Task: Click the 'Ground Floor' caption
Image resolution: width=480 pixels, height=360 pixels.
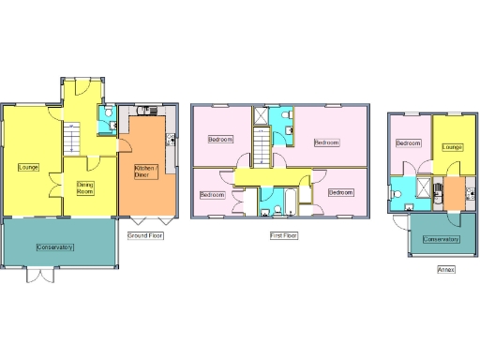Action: click(145, 235)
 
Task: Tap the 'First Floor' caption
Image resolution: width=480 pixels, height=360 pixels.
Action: click(283, 235)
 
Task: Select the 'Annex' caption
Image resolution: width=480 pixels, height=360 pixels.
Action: click(447, 269)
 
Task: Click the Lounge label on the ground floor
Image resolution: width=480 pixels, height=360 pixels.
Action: click(27, 167)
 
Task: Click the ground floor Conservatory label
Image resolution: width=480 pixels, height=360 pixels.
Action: click(55, 247)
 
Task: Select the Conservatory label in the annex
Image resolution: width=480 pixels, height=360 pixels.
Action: click(442, 239)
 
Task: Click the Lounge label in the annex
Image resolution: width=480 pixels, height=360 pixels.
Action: click(453, 146)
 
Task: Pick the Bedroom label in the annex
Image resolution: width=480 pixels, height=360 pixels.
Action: click(408, 143)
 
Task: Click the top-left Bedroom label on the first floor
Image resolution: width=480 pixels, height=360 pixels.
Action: click(220, 140)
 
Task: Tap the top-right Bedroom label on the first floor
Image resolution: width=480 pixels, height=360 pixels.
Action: click(326, 142)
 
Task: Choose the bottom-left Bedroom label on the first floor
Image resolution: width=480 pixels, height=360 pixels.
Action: click(213, 194)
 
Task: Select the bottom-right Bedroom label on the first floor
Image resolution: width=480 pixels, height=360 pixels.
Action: click(340, 192)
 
